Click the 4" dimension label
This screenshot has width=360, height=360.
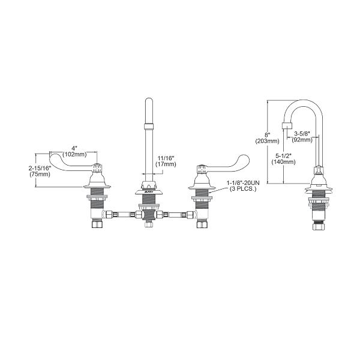click(73, 148)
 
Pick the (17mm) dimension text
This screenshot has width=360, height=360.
click(166, 164)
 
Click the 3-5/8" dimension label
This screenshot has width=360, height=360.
click(301, 133)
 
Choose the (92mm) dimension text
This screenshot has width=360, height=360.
click(301, 140)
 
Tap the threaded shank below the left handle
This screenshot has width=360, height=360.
click(95, 211)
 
